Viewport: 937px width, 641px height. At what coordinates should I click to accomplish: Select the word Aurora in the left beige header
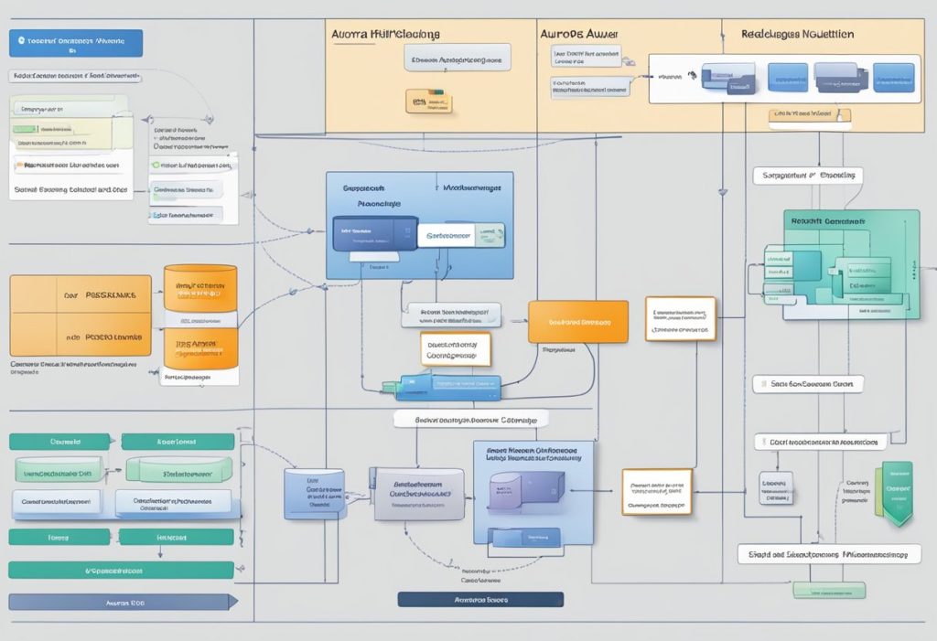[350, 33]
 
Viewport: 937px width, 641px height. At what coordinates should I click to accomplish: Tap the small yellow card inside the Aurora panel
[428, 101]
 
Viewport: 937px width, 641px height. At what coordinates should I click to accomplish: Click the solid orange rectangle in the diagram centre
[577, 322]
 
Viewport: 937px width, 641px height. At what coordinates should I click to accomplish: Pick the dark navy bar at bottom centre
[480, 600]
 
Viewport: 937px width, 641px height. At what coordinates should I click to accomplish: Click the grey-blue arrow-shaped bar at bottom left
[122, 602]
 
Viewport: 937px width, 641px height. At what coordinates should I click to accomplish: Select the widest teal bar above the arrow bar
[121, 570]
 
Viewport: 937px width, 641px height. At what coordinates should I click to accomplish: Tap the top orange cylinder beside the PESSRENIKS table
[199, 288]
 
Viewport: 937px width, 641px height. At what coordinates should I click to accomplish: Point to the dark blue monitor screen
[374, 233]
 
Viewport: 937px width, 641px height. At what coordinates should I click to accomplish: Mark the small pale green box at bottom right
[829, 591]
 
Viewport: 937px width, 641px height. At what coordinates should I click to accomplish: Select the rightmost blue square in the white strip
[893, 77]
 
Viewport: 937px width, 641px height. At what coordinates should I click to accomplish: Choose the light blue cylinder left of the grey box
[314, 495]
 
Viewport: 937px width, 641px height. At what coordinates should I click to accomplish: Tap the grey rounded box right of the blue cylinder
[417, 494]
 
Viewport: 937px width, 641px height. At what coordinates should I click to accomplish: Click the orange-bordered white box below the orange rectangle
[456, 349]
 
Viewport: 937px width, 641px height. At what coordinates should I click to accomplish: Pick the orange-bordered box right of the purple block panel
[656, 491]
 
